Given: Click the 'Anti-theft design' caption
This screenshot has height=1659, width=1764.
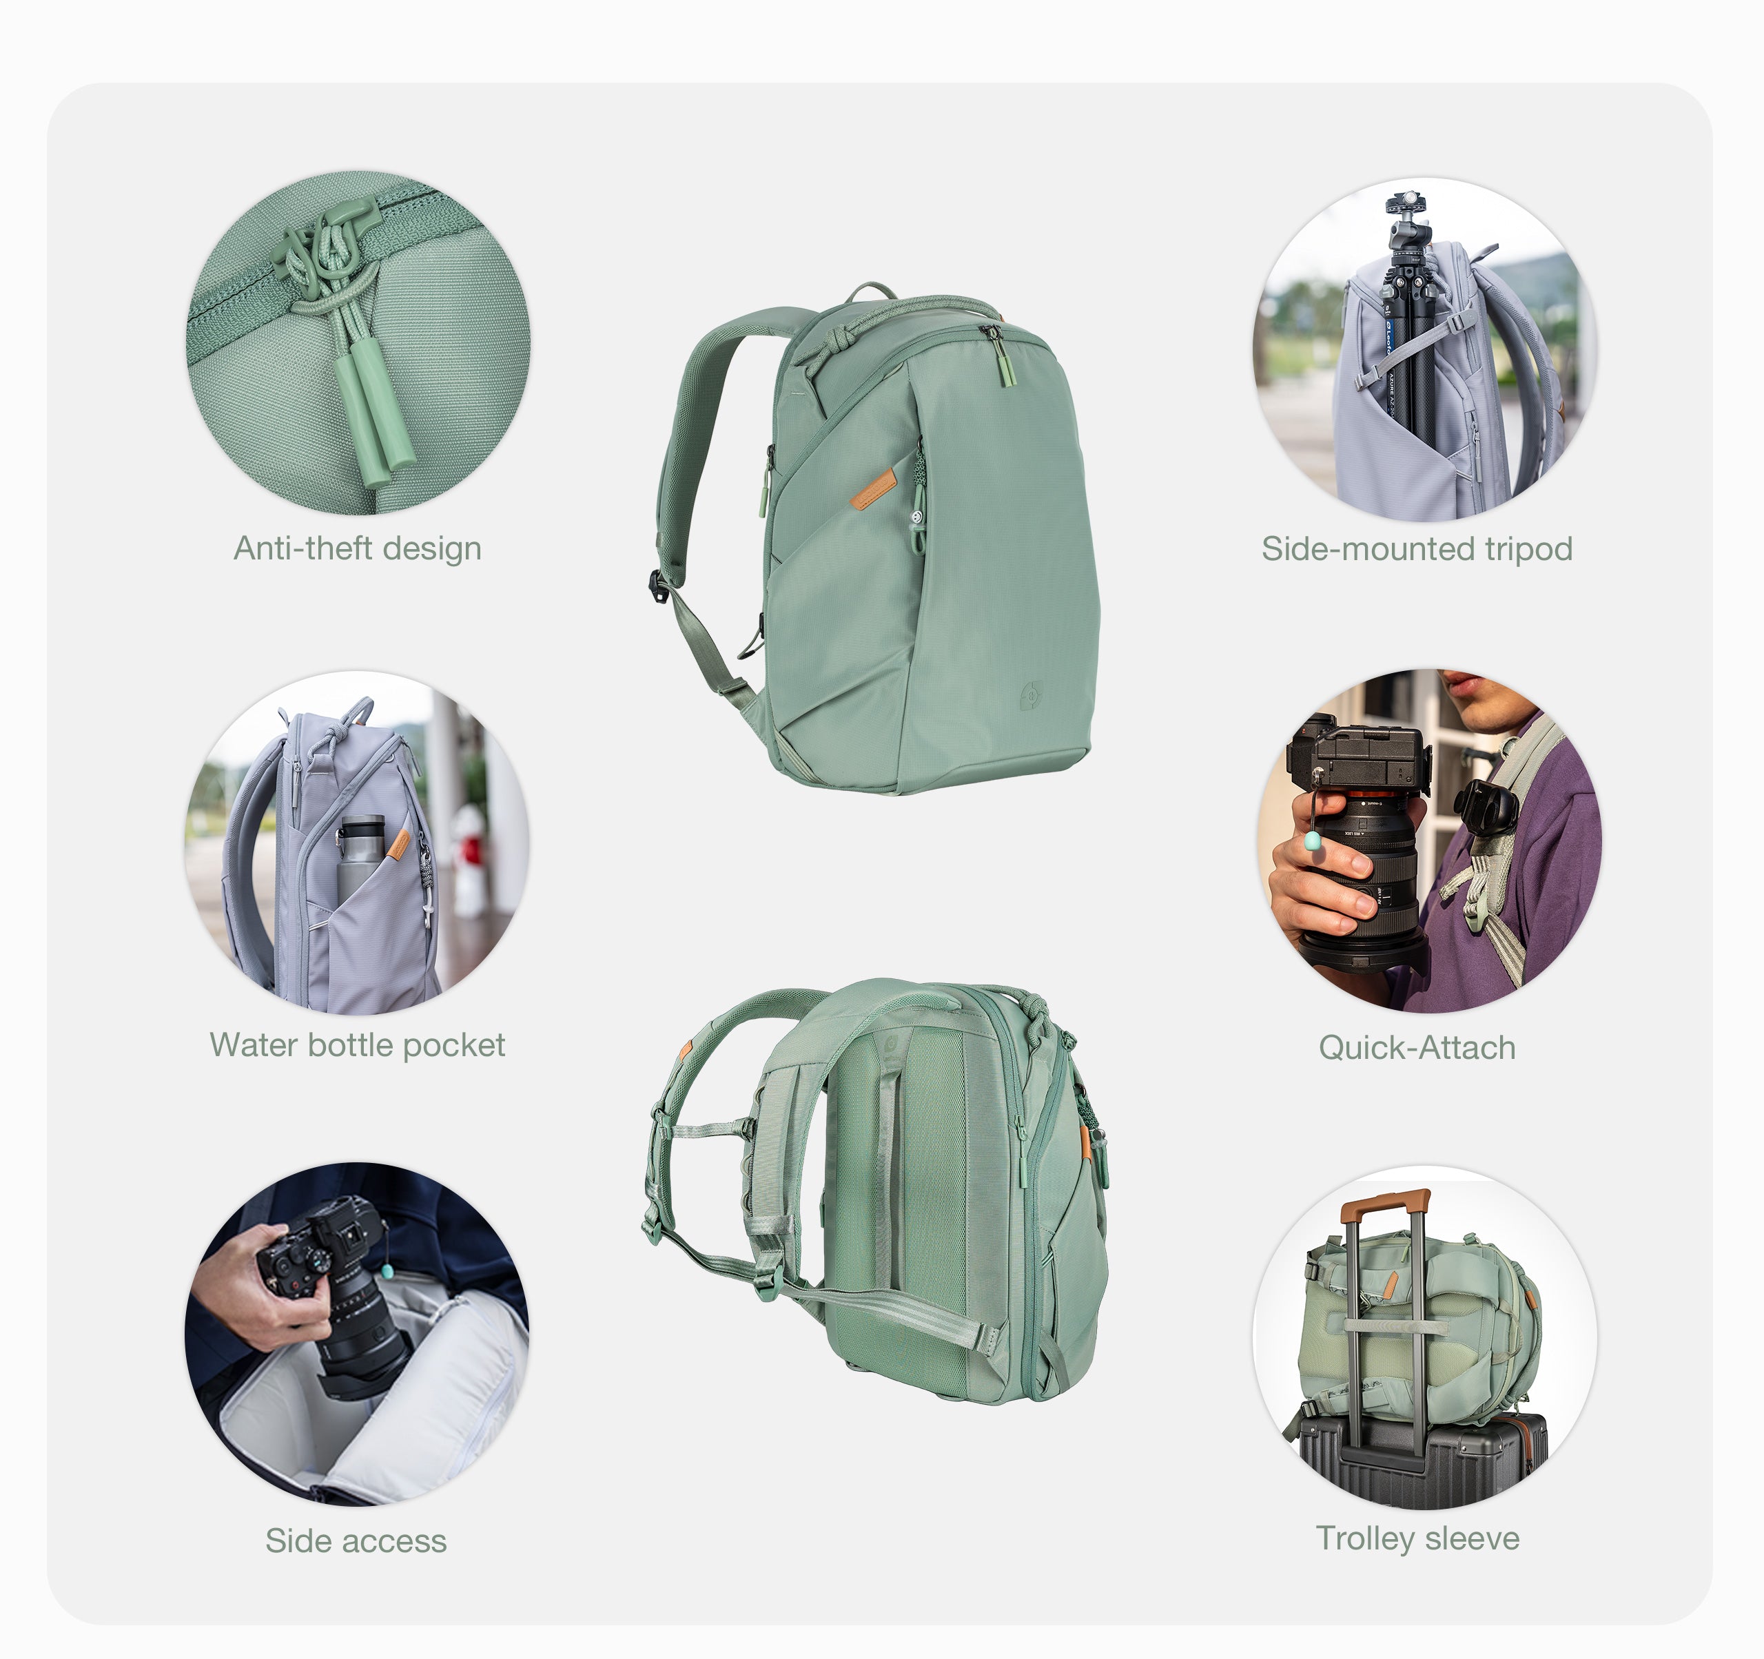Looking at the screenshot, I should coord(358,548).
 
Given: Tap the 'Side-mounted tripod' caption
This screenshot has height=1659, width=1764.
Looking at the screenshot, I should coord(1416,548).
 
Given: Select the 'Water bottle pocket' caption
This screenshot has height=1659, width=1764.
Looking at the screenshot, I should coord(357,1044).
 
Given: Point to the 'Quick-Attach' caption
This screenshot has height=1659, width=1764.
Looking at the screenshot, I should coord(1416,1047).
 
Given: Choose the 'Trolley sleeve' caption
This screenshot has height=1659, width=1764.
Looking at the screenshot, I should coord(1417,1538).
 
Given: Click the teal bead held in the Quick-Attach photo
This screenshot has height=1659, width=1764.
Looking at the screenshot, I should coord(1311,840).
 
